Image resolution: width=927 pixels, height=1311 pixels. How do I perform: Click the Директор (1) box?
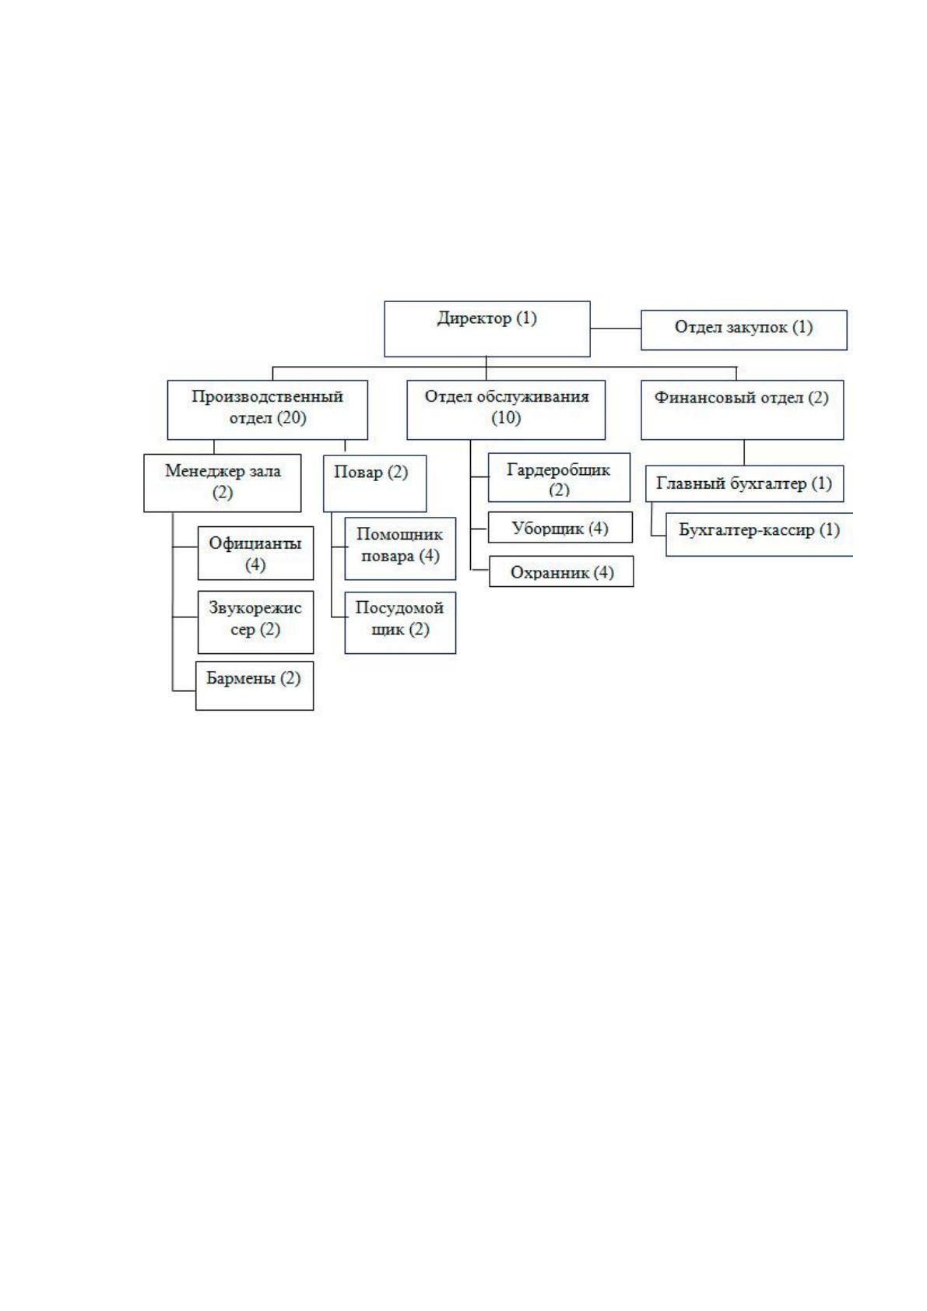(487, 329)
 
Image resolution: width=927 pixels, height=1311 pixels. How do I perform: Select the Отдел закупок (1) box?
(744, 330)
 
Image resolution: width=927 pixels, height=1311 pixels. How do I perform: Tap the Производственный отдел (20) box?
(268, 409)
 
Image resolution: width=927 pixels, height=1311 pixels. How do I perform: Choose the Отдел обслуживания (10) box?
(506, 409)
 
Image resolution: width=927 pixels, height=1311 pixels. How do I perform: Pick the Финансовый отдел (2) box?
(742, 409)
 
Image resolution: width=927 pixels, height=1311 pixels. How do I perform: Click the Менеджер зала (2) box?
(223, 483)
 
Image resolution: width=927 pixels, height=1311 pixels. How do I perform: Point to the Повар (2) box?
(374, 483)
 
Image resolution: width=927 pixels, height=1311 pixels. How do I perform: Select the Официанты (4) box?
(255, 553)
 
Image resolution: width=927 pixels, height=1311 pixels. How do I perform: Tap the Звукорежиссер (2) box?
(255, 622)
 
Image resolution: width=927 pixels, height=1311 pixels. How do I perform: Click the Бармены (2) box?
(254, 686)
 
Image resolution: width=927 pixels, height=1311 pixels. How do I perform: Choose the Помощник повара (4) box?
(400, 548)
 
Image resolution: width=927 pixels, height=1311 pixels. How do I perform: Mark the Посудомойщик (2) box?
(400, 623)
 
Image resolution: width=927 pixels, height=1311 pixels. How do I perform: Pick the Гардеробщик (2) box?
(559, 477)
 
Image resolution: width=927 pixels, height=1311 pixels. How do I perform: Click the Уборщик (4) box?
(560, 527)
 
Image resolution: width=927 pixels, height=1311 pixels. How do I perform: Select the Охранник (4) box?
(561, 571)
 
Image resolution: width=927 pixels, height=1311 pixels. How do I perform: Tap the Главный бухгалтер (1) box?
(744, 483)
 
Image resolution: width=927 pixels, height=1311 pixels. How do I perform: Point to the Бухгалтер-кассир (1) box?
(759, 534)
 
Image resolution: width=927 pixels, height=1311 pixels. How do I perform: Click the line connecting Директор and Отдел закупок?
(616, 329)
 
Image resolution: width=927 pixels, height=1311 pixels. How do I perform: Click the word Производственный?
(268, 396)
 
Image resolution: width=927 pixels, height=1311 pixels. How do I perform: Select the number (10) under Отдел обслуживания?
(506, 418)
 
